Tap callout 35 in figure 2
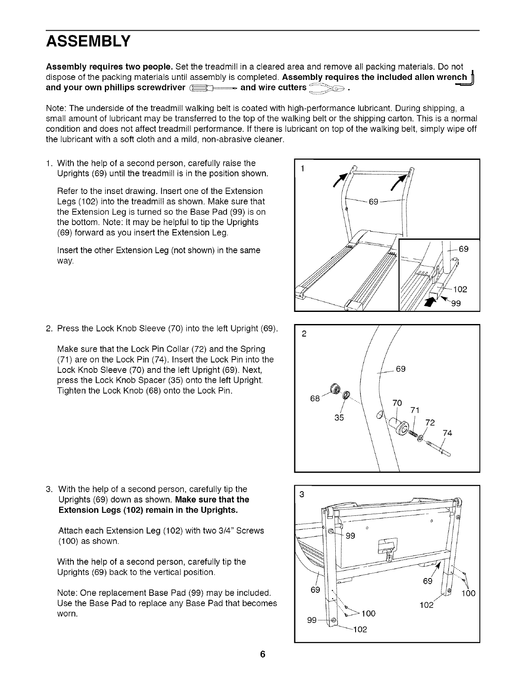339,418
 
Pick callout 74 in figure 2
447,433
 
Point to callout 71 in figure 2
415,410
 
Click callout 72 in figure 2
430,422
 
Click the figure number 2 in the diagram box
304,334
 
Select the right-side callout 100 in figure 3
468,593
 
